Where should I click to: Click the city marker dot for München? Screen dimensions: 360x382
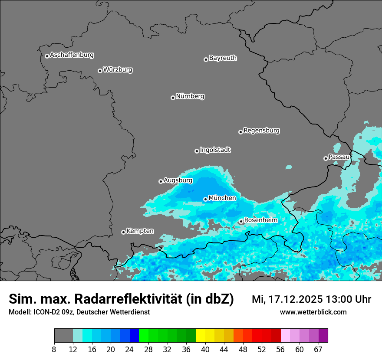pos(205,199)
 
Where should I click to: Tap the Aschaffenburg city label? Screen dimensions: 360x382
pos(72,55)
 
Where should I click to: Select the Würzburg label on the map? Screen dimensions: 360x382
pos(118,70)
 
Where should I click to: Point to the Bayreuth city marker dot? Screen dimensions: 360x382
pos(206,59)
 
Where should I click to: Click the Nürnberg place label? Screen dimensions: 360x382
pos(190,96)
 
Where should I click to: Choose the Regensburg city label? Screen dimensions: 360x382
pos(261,131)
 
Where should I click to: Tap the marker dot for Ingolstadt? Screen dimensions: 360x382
pos(197,151)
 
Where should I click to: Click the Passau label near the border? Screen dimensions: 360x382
pos(339,157)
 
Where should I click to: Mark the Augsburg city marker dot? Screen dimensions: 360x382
pos(161,181)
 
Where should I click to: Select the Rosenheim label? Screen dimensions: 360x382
pos(260,220)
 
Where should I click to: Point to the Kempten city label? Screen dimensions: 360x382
pos(140,231)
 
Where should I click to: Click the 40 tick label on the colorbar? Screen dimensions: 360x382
pos(205,349)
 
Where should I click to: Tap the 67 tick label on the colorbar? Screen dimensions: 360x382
pos(318,349)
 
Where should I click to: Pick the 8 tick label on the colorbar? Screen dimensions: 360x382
pos(54,349)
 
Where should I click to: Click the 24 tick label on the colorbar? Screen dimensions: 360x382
pos(130,349)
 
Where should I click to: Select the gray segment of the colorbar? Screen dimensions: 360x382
pos(63,336)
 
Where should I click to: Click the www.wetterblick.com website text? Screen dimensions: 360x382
pos(313,312)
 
